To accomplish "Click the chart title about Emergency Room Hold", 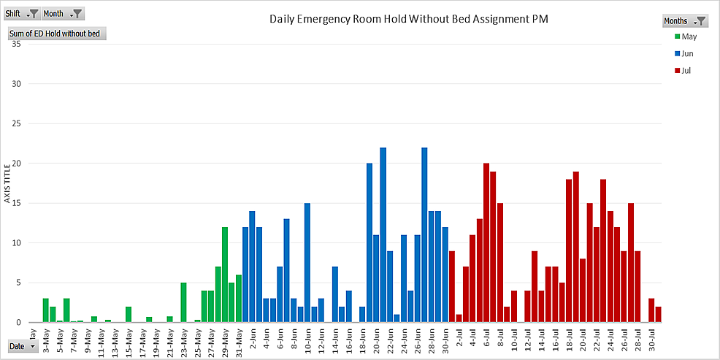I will coord(407,19).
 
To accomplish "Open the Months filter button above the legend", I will coord(684,21).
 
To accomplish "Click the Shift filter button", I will coord(22,13).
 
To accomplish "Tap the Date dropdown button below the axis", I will coord(22,346).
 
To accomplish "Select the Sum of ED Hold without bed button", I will coord(57,34).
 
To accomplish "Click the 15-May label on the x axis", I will coord(129,338).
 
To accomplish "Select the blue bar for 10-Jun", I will coord(307,263).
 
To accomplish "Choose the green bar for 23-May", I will coord(184,302).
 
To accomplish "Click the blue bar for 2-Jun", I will coord(252,267).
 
